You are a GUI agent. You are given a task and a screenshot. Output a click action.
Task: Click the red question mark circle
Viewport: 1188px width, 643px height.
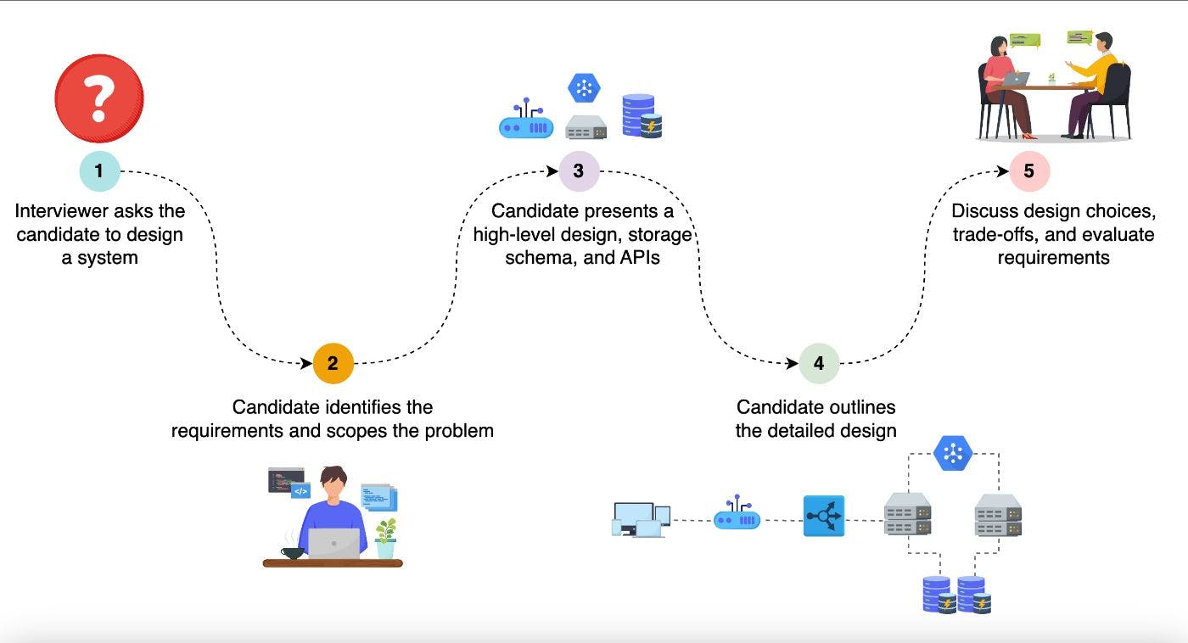coord(99,98)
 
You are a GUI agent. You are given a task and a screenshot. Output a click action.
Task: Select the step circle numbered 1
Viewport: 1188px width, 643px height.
coord(99,171)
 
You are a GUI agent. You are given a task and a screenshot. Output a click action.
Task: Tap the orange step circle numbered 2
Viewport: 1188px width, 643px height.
coord(333,364)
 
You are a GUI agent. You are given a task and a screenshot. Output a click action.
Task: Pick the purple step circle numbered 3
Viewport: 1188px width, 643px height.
coord(579,171)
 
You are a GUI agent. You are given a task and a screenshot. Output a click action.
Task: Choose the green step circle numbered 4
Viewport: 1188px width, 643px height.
coord(819,364)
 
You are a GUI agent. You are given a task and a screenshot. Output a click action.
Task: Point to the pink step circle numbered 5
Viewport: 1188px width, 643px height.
coord(1029,171)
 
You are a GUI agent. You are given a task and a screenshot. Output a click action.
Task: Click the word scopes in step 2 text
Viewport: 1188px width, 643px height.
coord(354,430)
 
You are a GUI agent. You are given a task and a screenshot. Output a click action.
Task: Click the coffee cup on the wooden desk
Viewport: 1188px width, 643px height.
coord(293,552)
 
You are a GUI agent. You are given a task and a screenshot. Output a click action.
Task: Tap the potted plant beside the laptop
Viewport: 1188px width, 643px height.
coord(386,538)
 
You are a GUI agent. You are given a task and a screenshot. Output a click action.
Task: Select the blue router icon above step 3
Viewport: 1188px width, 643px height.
coord(526,124)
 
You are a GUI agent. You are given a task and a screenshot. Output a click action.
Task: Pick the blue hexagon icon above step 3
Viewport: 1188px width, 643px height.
coord(585,87)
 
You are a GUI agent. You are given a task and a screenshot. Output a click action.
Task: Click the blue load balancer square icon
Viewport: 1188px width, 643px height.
coord(824,516)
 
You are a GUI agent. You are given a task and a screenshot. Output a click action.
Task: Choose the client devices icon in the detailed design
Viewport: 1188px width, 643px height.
coord(641,519)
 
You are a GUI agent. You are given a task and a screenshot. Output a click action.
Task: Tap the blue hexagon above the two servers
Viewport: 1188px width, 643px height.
coord(953,453)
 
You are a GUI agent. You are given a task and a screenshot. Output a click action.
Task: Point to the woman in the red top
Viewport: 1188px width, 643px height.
coord(1001,85)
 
